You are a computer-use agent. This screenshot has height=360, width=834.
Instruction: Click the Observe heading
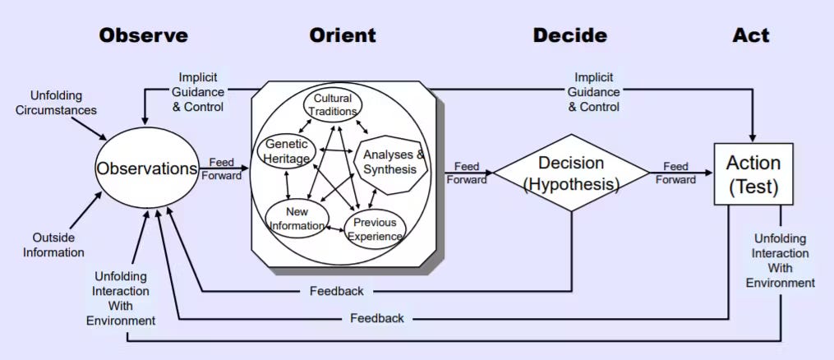(143, 35)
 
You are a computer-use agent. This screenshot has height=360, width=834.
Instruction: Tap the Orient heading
(343, 35)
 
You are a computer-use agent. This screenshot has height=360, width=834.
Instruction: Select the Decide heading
(569, 35)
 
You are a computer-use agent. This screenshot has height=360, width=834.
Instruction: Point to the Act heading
(751, 35)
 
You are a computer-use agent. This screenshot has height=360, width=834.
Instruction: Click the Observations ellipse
(147, 168)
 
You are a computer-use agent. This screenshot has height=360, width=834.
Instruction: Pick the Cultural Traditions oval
(333, 104)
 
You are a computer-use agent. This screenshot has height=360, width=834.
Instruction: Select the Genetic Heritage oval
(287, 152)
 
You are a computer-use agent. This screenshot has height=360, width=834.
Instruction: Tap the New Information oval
(297, 219)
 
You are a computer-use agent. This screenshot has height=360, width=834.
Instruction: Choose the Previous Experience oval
(375, 229)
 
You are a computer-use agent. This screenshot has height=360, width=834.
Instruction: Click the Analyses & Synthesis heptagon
(394, 162)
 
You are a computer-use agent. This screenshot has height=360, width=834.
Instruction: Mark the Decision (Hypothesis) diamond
(570, 173)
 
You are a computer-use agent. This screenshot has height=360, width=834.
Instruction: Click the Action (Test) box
(753, 175)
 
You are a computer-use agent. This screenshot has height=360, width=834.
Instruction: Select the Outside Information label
(53, 244)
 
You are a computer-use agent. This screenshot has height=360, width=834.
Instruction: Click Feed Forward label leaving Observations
(225, 168)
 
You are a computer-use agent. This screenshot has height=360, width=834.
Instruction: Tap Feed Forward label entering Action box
(675, 173)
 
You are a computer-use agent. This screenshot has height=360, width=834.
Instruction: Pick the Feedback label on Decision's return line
(336, 291)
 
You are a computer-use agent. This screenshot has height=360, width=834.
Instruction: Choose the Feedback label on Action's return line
(376, 318)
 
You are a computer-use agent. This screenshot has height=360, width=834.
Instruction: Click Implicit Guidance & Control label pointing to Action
(594, 91)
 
